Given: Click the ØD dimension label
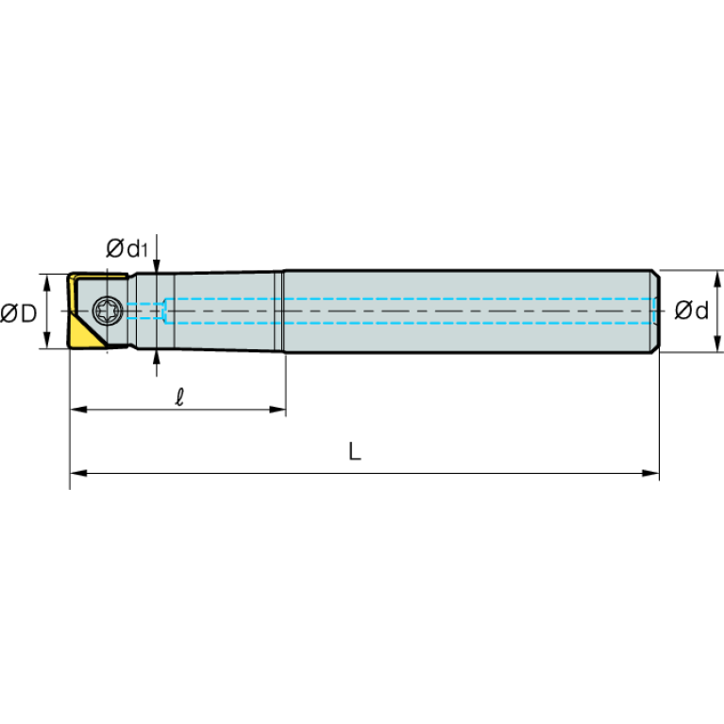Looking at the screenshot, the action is [x=19, y=313].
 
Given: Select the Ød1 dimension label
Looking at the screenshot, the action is [x=126, y=248].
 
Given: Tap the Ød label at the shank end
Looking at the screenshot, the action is [x=691, y=311].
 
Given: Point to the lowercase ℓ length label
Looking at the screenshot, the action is [x=179, y=396].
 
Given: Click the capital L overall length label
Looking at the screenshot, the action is [x=354, y=451].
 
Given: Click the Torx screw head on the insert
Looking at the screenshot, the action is [x=108, y=310].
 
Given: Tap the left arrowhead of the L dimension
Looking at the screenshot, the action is [x=78, y=473].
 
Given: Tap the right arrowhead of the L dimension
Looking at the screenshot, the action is [x=650, y=473].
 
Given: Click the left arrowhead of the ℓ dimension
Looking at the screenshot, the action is [x=78, y=409].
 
